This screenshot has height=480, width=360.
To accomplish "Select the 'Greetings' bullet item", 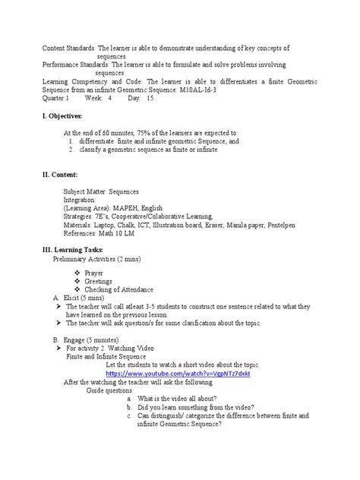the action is (98, 280).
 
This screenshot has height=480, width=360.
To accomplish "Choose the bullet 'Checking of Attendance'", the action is (118, 289).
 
